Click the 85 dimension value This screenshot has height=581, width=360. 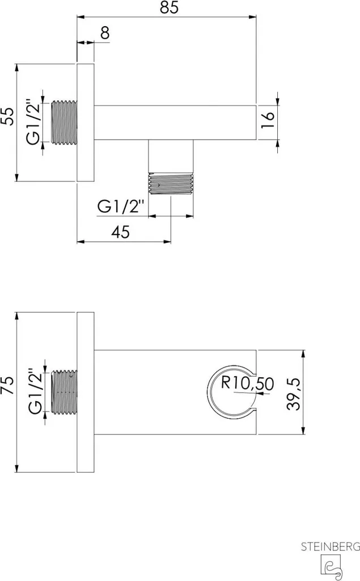tap(170, 7)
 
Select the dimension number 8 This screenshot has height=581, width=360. tap(105, 33)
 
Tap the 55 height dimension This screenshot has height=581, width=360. tap(8, 116)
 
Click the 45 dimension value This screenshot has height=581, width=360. tap(121, 232)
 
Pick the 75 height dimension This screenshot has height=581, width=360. tap(8, 385)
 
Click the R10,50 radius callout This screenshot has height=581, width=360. tap(247, 383)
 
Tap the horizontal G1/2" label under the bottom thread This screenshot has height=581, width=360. tap(120, 206)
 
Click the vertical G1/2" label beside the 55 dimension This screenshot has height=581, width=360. tap(33, 122)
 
